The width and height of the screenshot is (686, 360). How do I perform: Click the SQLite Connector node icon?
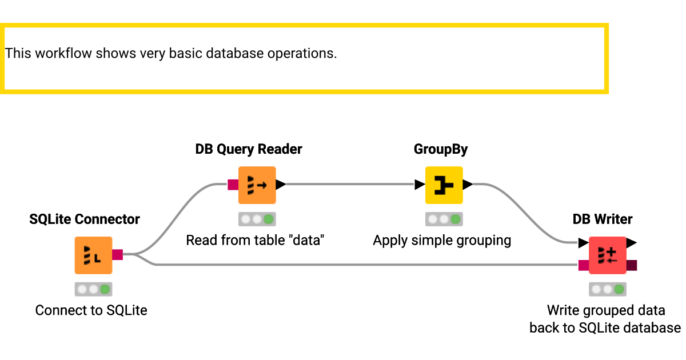coord(93,255)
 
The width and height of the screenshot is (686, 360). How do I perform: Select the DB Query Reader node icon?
coord(257,185)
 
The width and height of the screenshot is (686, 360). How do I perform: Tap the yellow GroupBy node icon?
coord(444,185)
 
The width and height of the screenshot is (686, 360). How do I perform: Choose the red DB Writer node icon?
coord(607,255)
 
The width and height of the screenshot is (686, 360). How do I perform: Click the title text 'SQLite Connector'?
coord(85,219)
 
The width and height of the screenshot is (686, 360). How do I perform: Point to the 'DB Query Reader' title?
coord(249,149)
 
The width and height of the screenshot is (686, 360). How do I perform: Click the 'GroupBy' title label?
coord(441,149)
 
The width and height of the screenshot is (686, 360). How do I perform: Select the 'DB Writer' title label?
coord(603,219)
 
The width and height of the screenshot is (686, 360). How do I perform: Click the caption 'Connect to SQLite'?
coord(91,310)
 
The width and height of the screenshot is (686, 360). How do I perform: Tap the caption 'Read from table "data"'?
coord(255,240)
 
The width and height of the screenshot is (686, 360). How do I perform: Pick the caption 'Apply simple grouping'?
coord(442,240)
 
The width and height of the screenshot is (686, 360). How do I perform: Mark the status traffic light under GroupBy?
coord(444,219)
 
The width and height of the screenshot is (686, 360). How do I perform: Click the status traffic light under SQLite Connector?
coord(93,289)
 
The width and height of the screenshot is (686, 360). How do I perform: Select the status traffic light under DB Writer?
coord(607,289)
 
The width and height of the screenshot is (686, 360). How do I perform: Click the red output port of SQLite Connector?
coord(117,255)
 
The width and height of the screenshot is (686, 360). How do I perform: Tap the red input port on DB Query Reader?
coord(233,185)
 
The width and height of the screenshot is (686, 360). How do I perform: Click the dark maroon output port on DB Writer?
coord(632,265)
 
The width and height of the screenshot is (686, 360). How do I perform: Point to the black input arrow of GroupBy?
coord(420,185)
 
